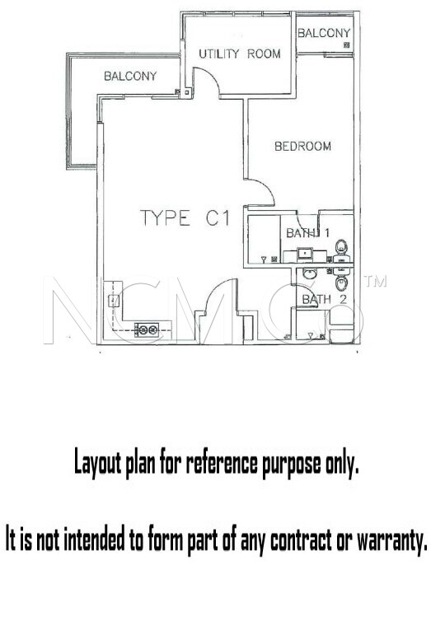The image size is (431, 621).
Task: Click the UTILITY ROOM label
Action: (x=240, y=54)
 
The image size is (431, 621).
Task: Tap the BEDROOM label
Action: (x=302, y=146)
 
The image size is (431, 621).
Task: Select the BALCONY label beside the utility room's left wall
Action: (x=130, y=76)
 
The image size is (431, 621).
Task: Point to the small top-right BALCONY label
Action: (x=324, y=33)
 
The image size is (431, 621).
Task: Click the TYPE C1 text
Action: (x=185, y=217)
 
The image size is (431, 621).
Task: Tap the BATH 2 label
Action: (x=325, y=299)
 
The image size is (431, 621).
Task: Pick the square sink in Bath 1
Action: (x=305, y=253)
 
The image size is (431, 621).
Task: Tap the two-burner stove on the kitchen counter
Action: (x=147, y=329)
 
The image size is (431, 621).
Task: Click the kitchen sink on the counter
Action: (x=114, y=301)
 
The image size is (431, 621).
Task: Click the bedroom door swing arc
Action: (x=265, y=188)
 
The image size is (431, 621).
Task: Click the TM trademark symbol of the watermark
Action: (x=375, y=281)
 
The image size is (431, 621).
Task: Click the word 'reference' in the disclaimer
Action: (x=221, y=463)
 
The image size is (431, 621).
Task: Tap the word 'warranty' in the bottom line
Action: (x=392, y=539)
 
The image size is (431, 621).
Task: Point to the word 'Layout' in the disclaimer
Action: (x=97, y=464)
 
